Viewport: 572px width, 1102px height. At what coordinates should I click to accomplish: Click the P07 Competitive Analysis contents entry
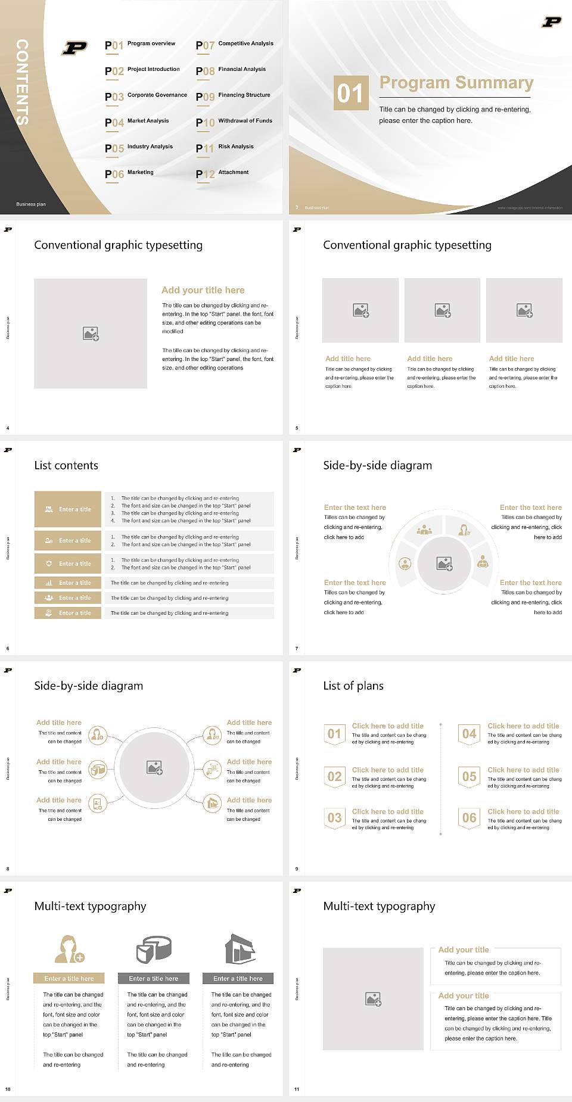coord(235,45)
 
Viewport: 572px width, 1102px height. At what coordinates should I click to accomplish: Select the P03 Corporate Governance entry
coord(146,96)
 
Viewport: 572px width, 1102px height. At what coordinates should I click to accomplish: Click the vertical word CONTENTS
coord(22,82)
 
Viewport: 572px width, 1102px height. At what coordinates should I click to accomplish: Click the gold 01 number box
coord(350,93)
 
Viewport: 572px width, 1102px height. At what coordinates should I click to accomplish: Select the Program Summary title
coord(456,83)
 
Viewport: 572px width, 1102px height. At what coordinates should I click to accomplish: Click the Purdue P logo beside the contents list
coord(74,48)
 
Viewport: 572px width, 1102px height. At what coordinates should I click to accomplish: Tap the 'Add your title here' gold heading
coord(203,290)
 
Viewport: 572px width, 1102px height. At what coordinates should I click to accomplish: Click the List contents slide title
coord(66,465)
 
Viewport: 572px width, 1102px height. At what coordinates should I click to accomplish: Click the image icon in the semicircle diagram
coord(444,564)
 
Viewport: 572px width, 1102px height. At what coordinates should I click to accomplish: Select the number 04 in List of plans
coord(470,734)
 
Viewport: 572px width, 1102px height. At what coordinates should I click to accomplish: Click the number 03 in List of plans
coord(335,818)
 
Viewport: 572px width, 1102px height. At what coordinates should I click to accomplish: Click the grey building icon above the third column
coord(240,948)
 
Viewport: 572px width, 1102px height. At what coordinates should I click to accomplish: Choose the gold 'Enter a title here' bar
coord(69,978)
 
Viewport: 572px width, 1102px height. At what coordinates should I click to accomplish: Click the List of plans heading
coord(353,686)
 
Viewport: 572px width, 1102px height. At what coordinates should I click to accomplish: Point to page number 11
coord(297,1089)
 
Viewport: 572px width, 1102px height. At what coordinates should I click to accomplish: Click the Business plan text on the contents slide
coord(31,204)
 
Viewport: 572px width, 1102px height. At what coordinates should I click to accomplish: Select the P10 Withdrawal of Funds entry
coord(234,122)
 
